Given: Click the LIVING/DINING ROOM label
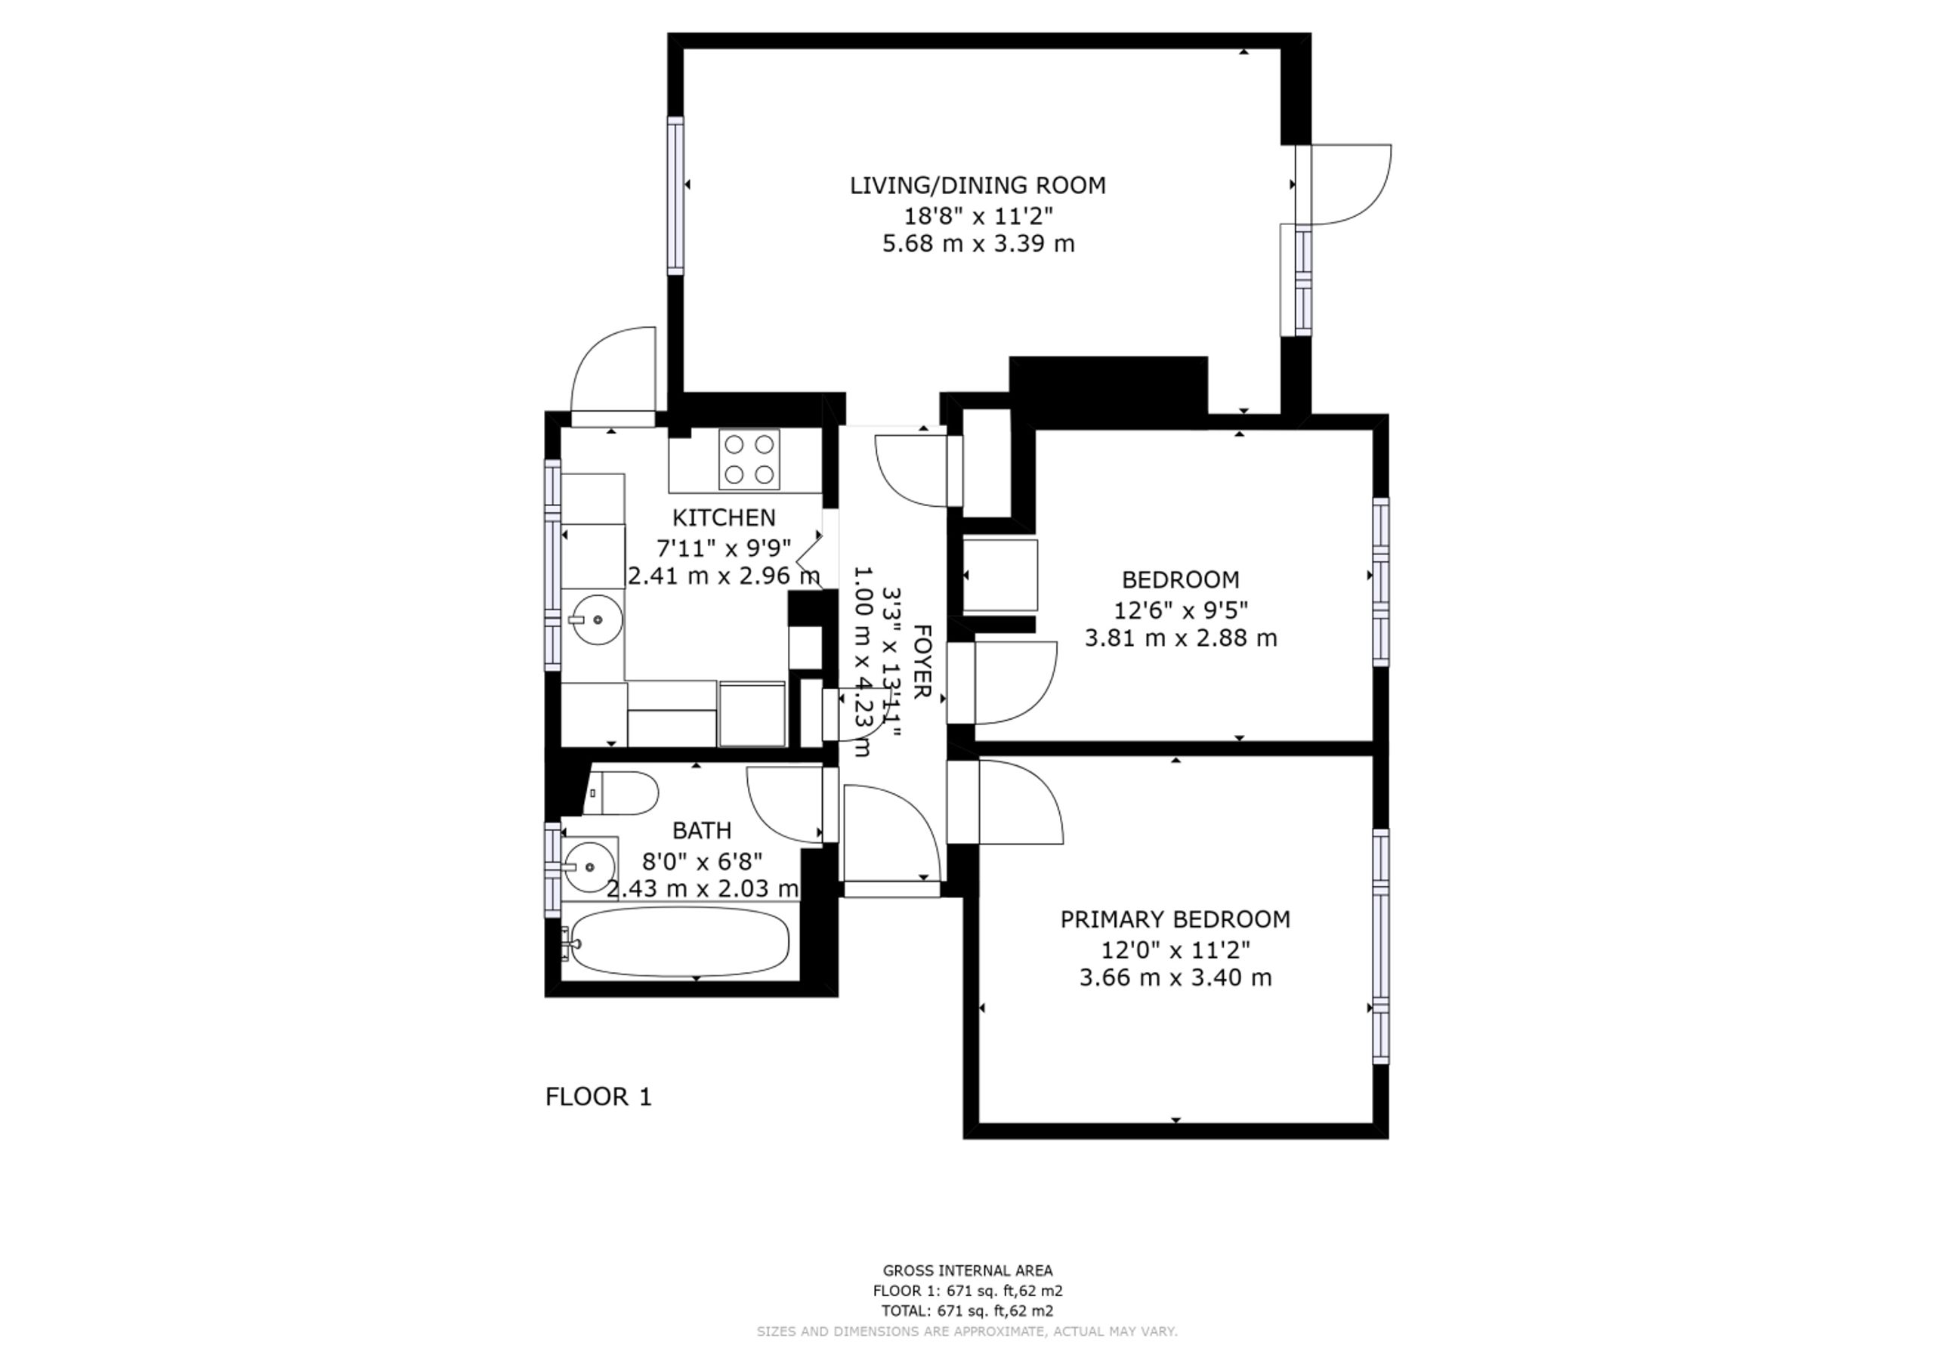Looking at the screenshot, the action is pyautogui.click(x=977, y=185).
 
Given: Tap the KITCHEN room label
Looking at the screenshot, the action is pyautogui.click(x=724, y=517).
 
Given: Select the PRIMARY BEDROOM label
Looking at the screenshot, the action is pyautogui.click(x=1175, y=919).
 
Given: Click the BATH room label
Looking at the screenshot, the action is pyautogui.click(x=702, y=831).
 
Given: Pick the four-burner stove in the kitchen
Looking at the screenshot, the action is pyautogui.click(x=749, y=459).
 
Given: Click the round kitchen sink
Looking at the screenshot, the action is pyautogui.click(x=595, y=620).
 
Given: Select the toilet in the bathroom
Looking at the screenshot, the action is pyautogui.click(x=621, y=792).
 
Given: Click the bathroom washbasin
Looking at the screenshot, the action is pyautogui.click(x=589, y=866).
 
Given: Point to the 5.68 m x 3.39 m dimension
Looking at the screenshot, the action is pyautogui.click(x=978, y=244).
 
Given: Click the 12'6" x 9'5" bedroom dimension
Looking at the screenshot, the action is pyautogui.click(x=1181, y=609).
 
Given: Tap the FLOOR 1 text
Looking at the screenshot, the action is pyautogui.click(x=599, y=1097).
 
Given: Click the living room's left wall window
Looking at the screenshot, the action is pyautogui.click(x=675, y=196).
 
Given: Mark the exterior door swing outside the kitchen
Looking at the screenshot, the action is pyautogui.click(x=613, y=371).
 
